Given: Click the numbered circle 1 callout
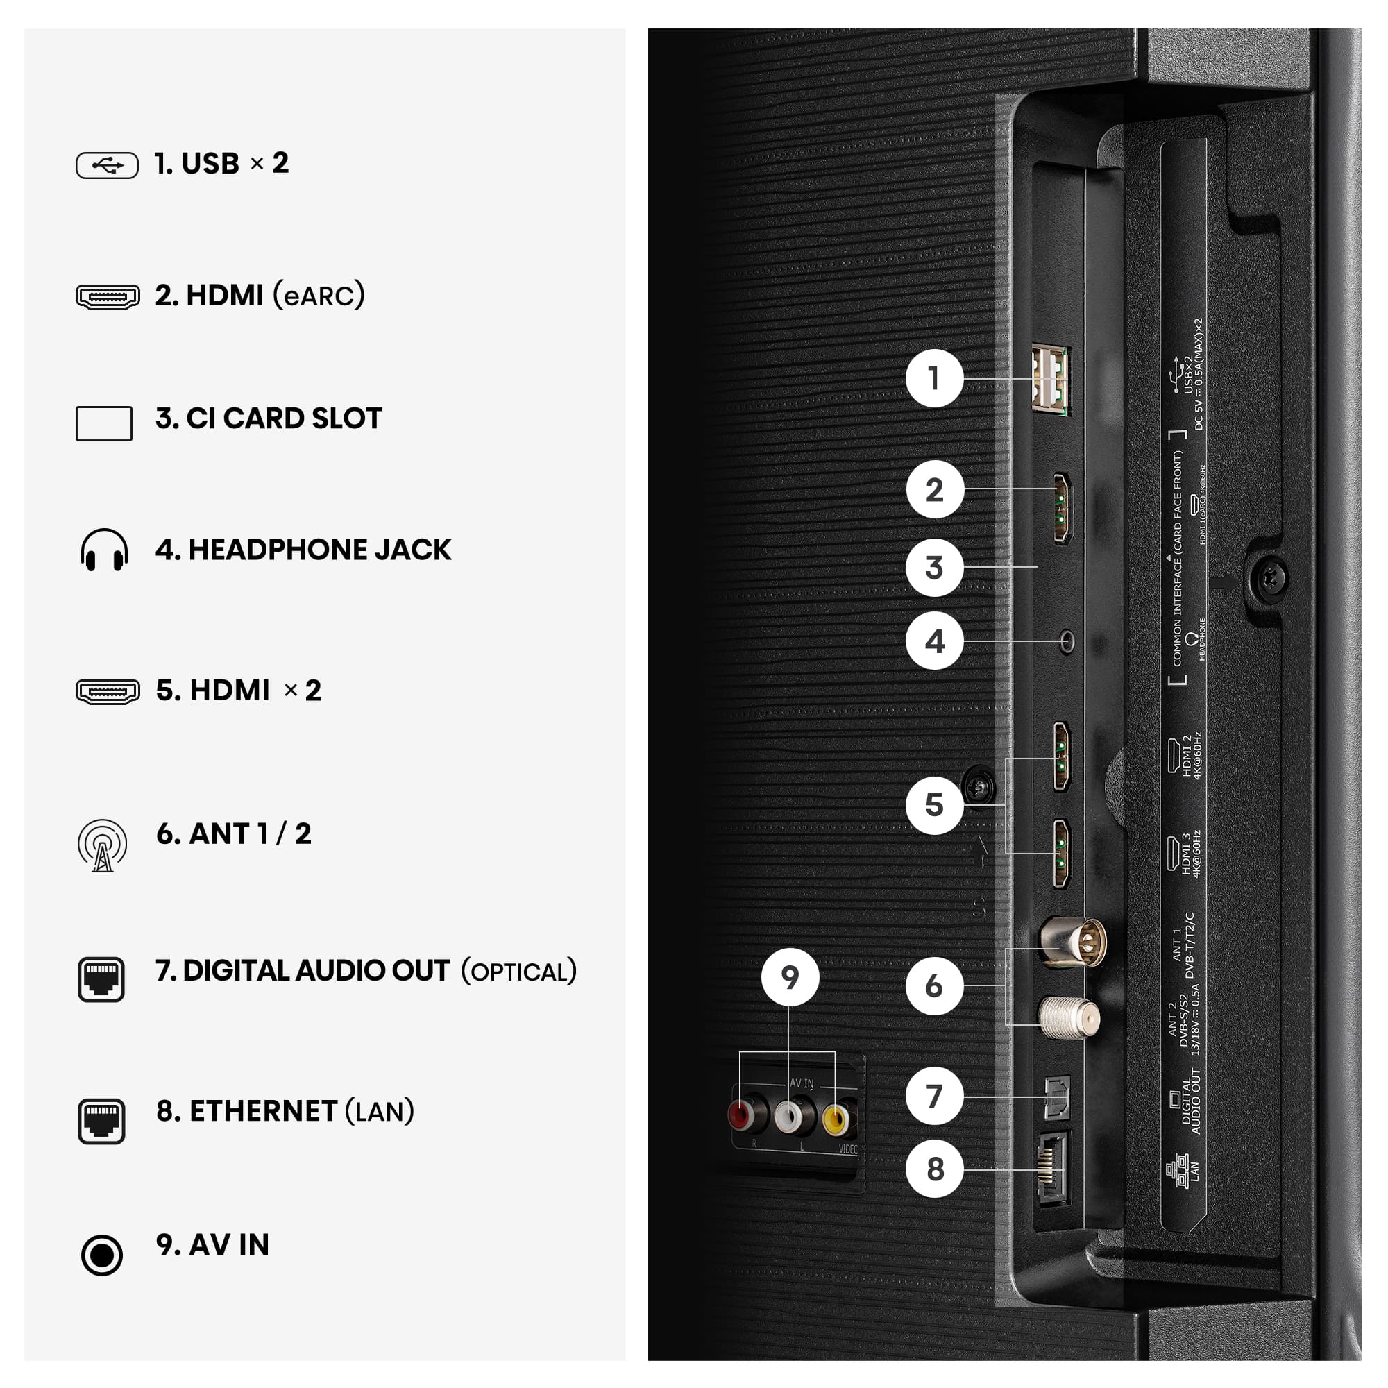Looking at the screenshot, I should click(934, 378).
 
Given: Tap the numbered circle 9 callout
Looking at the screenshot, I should click(790, 977).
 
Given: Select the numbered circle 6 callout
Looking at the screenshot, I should click(934, 985).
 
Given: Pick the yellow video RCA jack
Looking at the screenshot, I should click(836, 1119).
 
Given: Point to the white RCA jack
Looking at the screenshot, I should click(788, 1116).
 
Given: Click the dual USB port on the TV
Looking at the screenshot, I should click(1050, 380).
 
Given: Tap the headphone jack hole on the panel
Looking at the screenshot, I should click(1067, 641).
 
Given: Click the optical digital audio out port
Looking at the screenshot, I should click(1056, 1097).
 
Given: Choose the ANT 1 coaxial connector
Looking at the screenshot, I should click(1074, 942).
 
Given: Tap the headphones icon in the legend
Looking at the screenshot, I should click(104, 550).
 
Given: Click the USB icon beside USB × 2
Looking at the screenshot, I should click(107, 165).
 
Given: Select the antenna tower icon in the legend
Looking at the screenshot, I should click(103, 845).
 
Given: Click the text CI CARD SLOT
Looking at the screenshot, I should click(284, 418).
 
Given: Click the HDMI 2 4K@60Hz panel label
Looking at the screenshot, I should click(1186, 756).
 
